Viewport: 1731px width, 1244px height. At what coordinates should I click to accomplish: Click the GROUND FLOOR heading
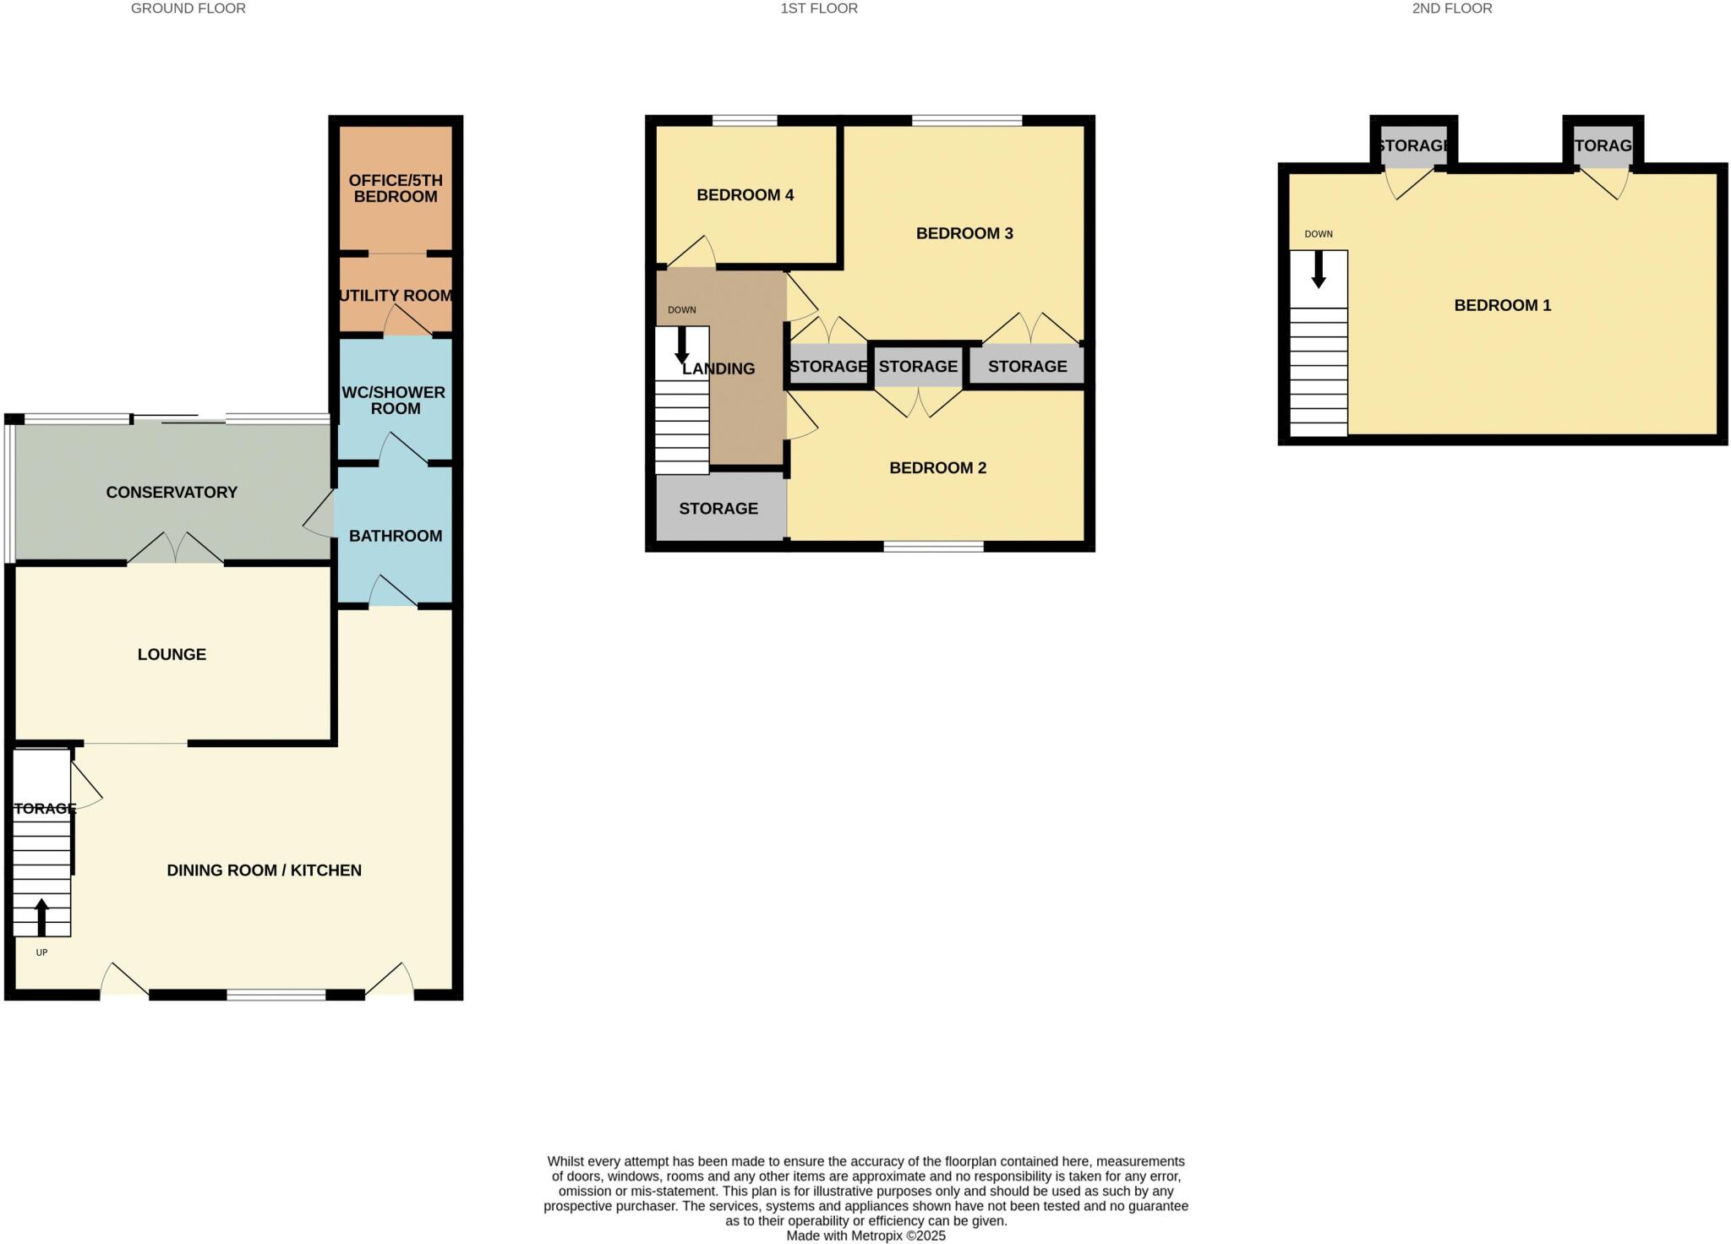click(x=188, y=8)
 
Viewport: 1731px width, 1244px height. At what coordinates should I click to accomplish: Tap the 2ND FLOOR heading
click(x=1451, y=8)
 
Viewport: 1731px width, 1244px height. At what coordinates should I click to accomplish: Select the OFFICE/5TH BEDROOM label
click(x=395, y=188)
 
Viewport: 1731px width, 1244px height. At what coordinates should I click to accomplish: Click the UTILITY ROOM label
click(x=396, y=296)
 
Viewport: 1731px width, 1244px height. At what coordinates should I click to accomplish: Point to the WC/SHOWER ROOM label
click(x=395, y=401)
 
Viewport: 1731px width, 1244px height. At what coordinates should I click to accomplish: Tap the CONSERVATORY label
click(x=172, y=493)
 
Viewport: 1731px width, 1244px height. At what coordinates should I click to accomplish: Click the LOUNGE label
click(x=172, y=654)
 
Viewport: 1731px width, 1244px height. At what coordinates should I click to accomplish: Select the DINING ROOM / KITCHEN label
click(x=264, y=870)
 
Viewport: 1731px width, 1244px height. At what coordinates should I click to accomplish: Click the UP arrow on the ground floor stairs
click(x=41, y=917)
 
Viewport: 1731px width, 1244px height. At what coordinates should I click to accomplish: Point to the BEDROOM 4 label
click(x=745, y=195)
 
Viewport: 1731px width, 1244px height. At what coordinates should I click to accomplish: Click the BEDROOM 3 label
click(x=964, y=233)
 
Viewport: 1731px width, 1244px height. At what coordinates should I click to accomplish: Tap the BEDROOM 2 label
click(x=937, y=468)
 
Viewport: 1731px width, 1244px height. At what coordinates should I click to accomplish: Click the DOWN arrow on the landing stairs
click(x=681, y=346)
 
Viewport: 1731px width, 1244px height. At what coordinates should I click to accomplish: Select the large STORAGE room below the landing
click(x=719, y=508)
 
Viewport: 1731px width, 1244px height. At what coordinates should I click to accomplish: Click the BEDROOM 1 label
click(x=1502, y=306)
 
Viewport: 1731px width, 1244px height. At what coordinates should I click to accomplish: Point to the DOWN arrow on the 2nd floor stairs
click(x=1318, y=270)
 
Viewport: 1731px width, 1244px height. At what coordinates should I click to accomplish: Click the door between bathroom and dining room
click(x=393, y=593)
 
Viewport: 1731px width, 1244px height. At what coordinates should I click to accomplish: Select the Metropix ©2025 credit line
click(x=865, y=1236)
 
